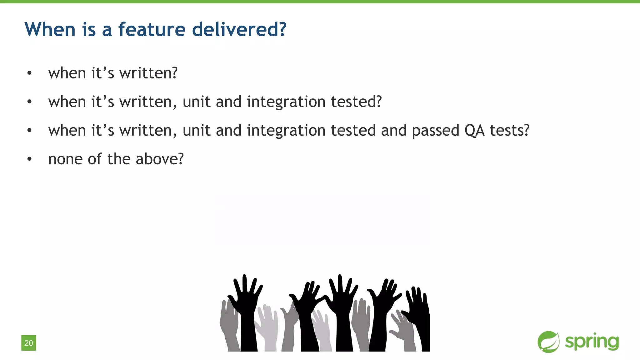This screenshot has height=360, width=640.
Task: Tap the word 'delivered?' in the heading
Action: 239,29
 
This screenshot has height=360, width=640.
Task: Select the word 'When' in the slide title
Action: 50,29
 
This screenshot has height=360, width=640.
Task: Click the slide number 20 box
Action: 29,343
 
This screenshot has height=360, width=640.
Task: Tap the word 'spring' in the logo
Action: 592,342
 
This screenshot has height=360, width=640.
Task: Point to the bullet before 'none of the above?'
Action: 29,159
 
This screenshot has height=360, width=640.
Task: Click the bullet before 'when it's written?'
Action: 29,73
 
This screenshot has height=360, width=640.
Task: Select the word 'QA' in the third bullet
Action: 474,130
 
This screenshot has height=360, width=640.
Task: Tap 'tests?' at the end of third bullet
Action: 509,130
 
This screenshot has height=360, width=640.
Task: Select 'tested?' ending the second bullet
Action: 356,102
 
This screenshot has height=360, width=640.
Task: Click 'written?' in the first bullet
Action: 148,73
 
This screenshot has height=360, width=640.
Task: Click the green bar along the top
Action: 320,2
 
